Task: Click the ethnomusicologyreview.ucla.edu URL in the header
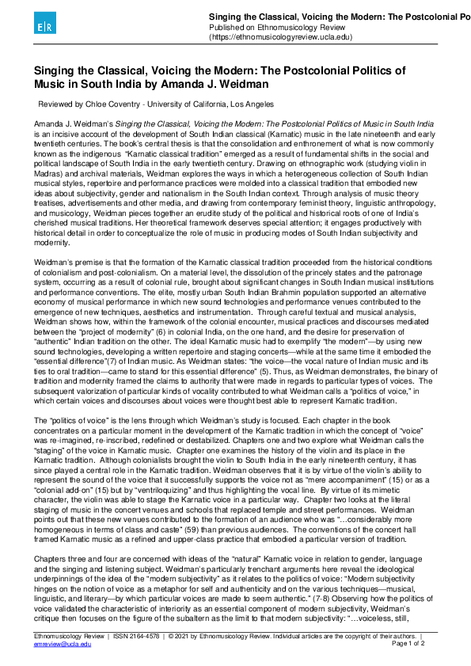point(281,36)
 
